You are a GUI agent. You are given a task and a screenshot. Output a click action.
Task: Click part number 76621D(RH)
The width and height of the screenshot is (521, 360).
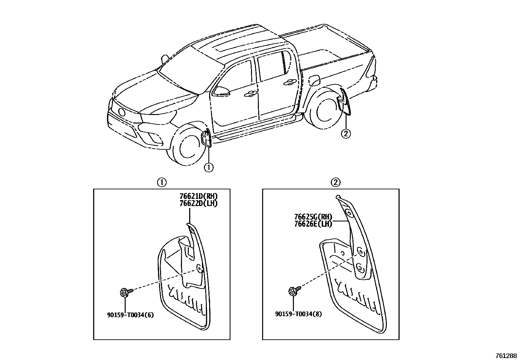point(198,196)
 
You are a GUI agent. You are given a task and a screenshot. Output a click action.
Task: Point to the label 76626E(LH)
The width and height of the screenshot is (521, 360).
point(313,224)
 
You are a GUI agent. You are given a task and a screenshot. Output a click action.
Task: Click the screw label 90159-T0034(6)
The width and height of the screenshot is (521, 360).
point(130,315)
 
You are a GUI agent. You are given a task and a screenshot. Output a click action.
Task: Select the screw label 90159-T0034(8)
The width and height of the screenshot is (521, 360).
point(298,314)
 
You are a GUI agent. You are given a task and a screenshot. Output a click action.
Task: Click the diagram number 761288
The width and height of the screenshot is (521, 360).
point(506,355)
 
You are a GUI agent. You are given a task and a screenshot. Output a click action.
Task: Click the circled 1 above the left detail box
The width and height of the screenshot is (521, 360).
point(161,182)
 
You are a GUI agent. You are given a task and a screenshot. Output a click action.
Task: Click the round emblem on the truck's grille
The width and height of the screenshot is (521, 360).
point(122,112)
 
